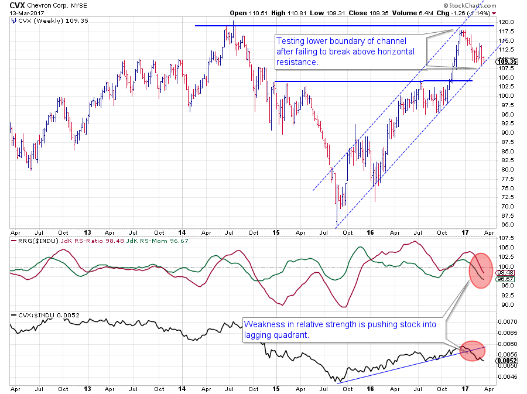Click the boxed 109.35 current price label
coord(507,61)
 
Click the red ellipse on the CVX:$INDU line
coord(472,350)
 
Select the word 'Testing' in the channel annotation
coord(290,41)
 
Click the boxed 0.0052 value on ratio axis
coord(507,361)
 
